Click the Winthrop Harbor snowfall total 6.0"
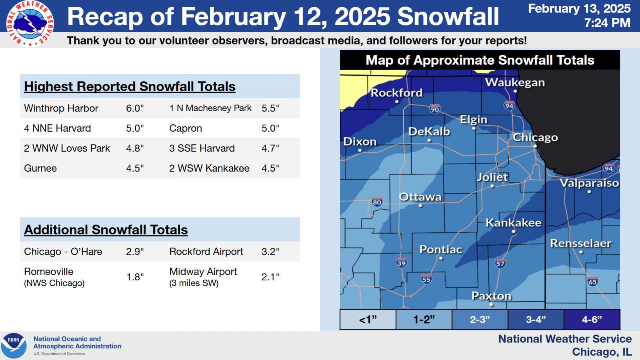coord(135,108)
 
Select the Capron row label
coord(186,128)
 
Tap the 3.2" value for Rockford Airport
coord(270,252)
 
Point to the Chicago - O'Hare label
coord(63,252)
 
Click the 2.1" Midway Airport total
coord(270,277)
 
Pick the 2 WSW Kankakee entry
coord(209,168)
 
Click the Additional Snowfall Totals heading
coord(106,230)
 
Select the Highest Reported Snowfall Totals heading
coord(130,86)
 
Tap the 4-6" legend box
coord(592,320)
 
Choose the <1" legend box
coord(368,320)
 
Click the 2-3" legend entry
coord(480,320)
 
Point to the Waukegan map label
coord(515,82)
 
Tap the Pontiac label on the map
coord(440,250)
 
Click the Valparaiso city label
coord(589,183)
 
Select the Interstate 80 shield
coord(377,202)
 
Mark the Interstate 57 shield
coord(500,263)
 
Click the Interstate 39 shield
coord(402,263)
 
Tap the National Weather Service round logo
coord(30,24)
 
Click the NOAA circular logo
coord(14,346)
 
